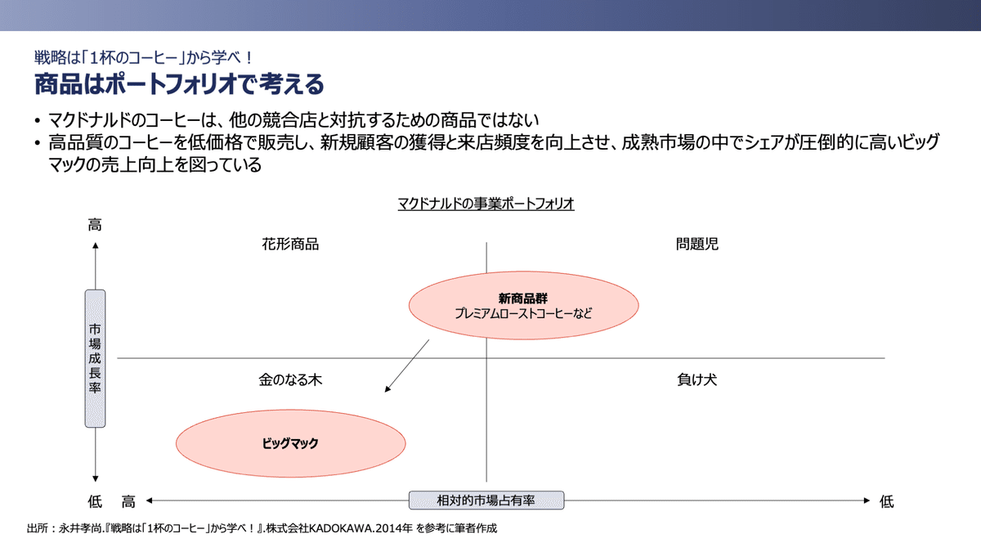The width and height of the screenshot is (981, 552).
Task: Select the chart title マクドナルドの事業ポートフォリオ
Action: click(486, 204)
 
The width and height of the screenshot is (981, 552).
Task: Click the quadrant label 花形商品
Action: click(290, 244)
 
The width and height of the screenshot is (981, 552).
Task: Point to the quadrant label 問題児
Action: click(697, 244)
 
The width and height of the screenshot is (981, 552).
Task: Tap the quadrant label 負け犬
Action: click(697, 380)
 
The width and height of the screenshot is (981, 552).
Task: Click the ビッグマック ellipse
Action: click(290, 443)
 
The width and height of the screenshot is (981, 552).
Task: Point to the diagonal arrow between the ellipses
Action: click(407, 366)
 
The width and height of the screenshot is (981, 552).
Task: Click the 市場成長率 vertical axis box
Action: click(96, 358)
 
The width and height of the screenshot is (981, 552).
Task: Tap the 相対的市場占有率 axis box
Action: click(486, 500)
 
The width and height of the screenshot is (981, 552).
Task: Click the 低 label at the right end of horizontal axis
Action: click(886, 501)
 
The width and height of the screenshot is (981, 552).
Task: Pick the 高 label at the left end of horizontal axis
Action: click(128, 501)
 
